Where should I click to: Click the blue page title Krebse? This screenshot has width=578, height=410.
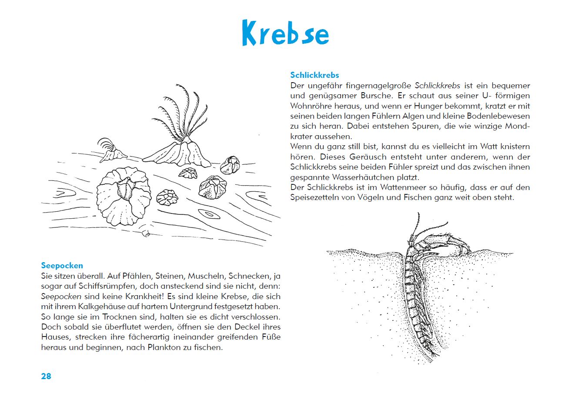pos(285,33)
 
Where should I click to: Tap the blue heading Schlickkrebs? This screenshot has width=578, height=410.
pos(314,75)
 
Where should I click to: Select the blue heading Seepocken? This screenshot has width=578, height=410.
pos(62,266)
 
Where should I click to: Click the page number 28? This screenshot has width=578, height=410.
pos(46,377)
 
